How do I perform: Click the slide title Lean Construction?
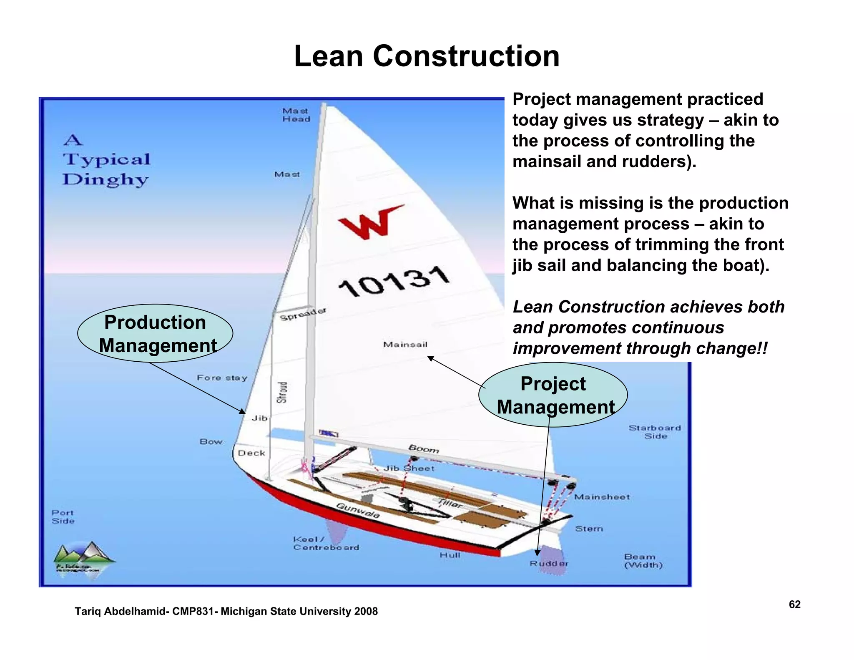click(427, 56)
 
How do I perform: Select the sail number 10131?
click(394, 282)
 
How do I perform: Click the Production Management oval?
click(155, 333)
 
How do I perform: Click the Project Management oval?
click(553, 395)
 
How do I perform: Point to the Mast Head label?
click(296, 115)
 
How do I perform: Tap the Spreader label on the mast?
click(303, 314)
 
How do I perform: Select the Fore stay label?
click(222, 378)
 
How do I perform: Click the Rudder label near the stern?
click(549, 564)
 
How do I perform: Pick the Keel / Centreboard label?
click(325, 544)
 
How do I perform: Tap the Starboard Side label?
click(655, 432)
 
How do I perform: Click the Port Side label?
click(63, 517)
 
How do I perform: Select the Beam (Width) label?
click(643, 561)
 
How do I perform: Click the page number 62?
click(794, 605)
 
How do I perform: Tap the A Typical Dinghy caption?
click(106, 160)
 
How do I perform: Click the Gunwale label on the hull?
click(358, 511)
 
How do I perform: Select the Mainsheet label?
click(602, 497)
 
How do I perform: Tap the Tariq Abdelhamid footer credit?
click(226, 612)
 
